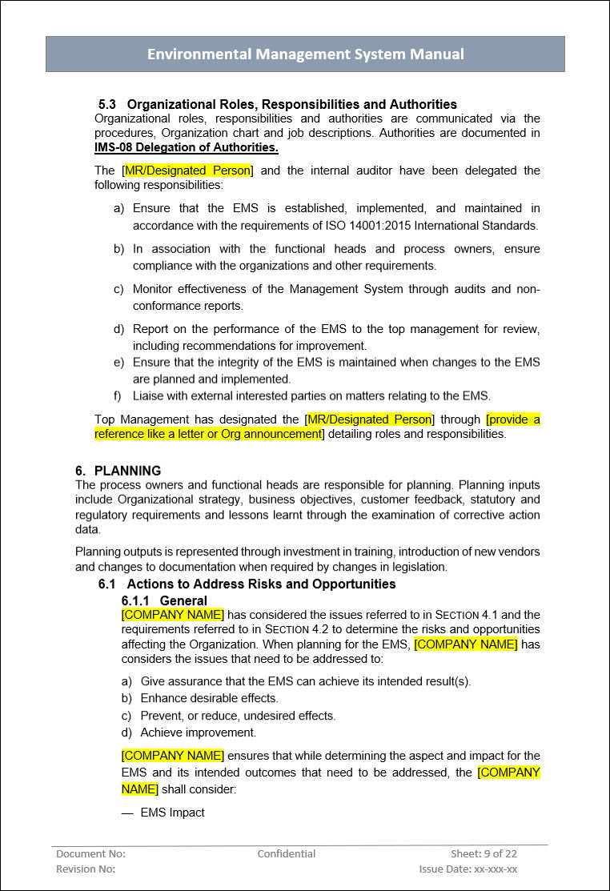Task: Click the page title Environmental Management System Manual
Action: [x=305, y=54]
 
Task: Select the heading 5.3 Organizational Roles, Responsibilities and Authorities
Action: [x=277, y=104]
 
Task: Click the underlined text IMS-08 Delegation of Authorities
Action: [x=187, y=147]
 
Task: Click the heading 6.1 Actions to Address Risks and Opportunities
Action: [x=247, y=584]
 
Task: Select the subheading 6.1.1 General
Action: [x=164, y=600]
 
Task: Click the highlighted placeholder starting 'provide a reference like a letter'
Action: [x=317, y=427]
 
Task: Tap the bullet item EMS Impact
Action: [x=172, y=813]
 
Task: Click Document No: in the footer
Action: [x=90, y=853]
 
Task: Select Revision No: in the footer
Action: [x=86, y=869]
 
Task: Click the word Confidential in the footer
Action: [x=287, y=853]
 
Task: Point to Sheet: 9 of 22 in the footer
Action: [x=484, y=853]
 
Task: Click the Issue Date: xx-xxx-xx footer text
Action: [x=468, y=869]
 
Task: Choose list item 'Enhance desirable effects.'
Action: [x=209, y=698]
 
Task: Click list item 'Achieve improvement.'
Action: [x=198, y=732]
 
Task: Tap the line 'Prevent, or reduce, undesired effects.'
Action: [x=238, y=716]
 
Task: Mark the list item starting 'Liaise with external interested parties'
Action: [x=311, y=395]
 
